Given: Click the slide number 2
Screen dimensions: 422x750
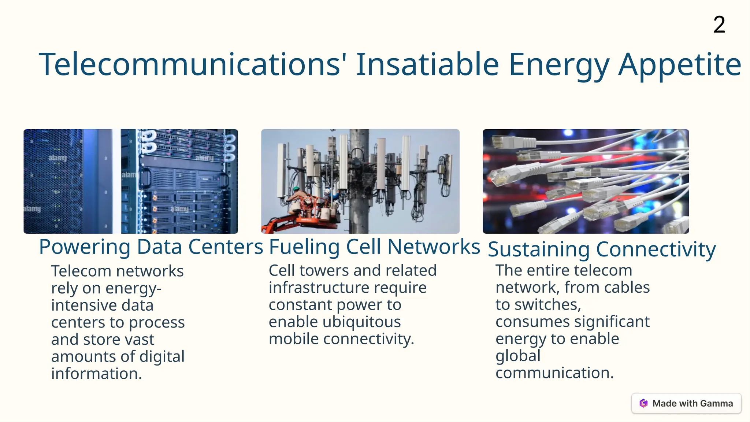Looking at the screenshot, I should [x=719, y=25].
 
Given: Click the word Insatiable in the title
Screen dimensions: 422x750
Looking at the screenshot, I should [x=427, y=64].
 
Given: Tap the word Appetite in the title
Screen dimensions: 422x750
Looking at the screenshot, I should [x=680, y=64].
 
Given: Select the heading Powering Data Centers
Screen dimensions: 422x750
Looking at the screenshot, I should [x=151, y=247].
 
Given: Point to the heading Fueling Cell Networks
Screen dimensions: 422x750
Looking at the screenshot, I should [x=374, y=247].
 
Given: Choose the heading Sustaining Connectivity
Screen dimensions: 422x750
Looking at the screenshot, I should [x=602, y=249].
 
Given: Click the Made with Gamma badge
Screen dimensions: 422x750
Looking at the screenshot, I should [x=686, y=403].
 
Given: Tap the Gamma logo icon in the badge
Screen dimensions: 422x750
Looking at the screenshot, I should [x=643, y=403].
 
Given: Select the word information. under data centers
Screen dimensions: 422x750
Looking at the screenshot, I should [x=96, y=374].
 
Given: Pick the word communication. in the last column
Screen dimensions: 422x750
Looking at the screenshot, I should [x=554, y=373].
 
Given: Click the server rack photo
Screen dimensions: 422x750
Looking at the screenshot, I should [x=131, y=181].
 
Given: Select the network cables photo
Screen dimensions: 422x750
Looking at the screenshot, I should [x=586, y=181].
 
